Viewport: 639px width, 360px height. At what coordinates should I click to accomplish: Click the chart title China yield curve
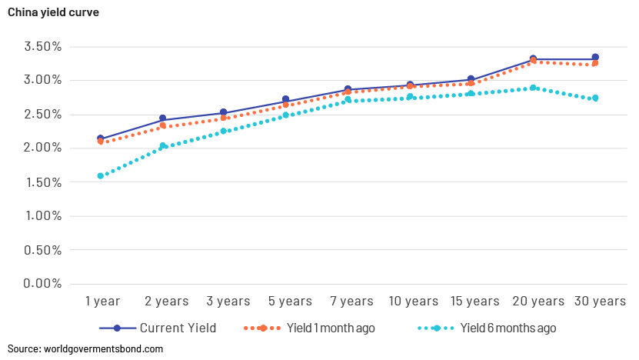point(53,12)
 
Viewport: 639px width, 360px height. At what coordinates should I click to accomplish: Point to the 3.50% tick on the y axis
point(43,46)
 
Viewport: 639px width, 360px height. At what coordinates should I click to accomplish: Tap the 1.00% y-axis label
point(44,215)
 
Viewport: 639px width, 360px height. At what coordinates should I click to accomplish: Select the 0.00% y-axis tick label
point(43,283)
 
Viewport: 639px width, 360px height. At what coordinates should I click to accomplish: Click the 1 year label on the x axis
point(103,301)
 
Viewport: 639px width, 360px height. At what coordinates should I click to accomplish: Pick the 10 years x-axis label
point(413,301)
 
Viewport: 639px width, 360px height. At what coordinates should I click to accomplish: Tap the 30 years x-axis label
point(600,301)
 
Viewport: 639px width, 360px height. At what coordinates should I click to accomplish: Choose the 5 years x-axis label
point(290,301)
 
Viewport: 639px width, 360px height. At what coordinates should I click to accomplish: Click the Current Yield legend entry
point(158,328)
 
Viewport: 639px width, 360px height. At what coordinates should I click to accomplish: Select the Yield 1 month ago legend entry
point(309,328)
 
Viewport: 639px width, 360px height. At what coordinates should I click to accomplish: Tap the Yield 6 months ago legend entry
point(487,328)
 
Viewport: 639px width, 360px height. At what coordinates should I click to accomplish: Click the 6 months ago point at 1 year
point(100,175)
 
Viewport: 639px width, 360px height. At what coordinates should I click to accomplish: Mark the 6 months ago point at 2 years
point(162,146)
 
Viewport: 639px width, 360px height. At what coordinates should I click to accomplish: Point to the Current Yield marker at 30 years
point(595,57)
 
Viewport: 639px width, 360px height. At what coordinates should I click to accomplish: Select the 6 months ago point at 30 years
point(595,98)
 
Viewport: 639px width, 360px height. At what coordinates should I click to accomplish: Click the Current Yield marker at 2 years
point(162,118)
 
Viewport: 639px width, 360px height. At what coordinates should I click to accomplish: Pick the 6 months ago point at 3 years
point(223,131)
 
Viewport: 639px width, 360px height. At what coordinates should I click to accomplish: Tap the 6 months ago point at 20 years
point(533,88)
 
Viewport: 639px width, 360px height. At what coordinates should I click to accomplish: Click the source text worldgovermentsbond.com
point(103,349)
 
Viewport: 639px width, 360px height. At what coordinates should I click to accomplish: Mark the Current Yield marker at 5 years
point(286,99)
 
